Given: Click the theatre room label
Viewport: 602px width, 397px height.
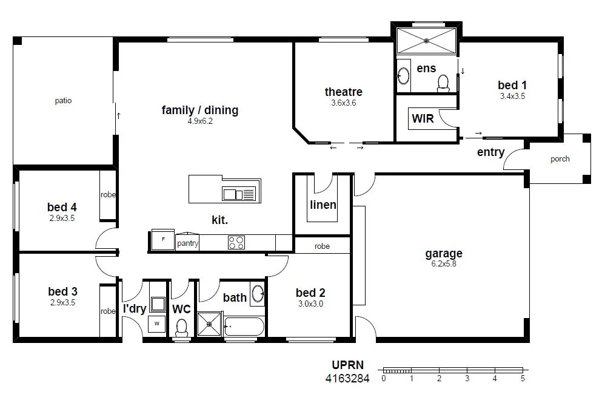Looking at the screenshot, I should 343,92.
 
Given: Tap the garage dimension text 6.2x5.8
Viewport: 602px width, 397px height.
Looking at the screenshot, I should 444,264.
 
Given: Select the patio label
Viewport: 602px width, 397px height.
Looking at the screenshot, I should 63,101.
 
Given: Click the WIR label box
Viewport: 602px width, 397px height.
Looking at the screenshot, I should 423,118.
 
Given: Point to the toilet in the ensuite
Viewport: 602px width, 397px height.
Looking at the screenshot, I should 443,82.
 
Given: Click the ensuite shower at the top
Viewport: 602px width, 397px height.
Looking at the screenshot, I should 427,41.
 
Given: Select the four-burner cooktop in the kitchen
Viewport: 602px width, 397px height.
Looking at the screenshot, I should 236,243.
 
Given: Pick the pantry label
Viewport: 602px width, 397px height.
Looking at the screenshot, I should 187,243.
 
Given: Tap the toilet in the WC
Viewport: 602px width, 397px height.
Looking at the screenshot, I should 181,328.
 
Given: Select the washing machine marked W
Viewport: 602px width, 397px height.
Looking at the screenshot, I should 156,324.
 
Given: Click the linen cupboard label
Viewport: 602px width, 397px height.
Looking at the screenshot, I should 323,205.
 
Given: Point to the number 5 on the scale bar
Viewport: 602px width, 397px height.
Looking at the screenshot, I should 522,379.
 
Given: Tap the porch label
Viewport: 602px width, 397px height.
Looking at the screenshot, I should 560,160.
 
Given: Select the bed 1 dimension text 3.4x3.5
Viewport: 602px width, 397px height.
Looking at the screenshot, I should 512,96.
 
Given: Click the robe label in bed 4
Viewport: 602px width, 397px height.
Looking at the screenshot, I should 109,195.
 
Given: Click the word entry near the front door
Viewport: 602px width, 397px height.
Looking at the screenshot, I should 490,152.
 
